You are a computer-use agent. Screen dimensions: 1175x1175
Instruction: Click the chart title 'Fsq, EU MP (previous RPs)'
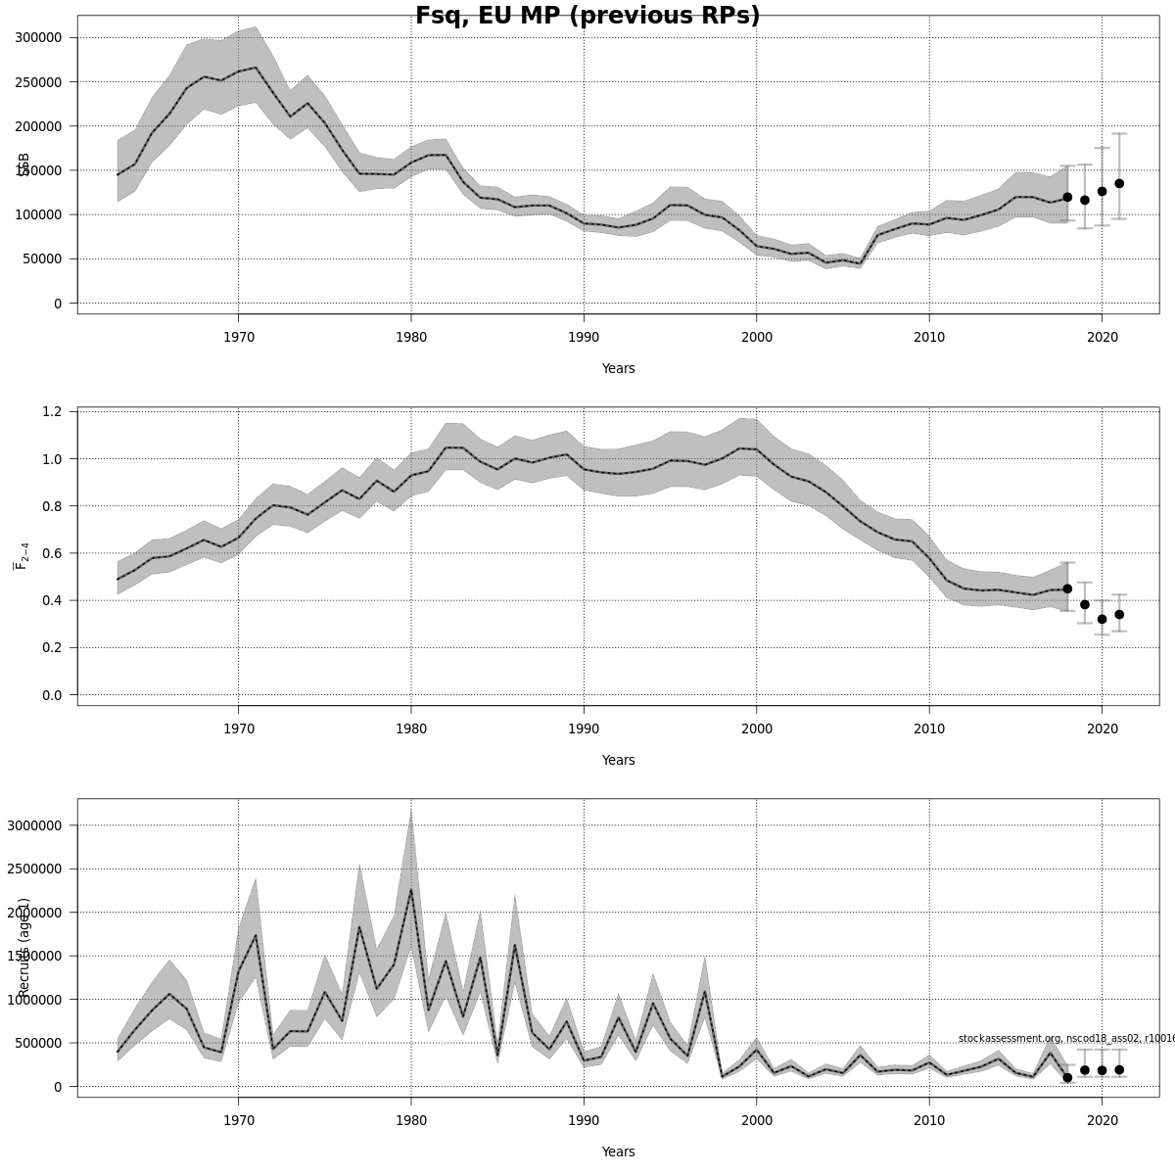click(587, 17)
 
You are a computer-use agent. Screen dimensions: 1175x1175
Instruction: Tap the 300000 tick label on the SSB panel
click(34, 37)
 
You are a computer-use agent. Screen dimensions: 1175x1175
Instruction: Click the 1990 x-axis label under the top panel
click(584, 338)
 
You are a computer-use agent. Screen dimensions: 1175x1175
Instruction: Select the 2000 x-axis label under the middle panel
click(756, 729)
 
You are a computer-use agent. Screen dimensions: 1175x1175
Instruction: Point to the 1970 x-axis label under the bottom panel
click(238, 1121)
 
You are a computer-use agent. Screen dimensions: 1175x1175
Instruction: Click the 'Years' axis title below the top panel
click(618, 369)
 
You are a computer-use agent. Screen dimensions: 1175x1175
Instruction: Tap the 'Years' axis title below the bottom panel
click(618, 1152)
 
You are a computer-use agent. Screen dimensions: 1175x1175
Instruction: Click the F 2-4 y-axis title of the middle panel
click(21, 553)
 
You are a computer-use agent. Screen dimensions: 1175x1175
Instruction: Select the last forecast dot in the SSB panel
click(1119, 183)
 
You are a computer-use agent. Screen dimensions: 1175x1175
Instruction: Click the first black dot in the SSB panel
click(1067, 197)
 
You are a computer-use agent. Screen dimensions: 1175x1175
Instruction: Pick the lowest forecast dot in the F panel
click(1102, 619)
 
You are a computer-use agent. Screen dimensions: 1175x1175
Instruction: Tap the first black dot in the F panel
click(1067, 588)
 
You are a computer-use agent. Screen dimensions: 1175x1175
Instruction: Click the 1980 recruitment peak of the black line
click(410, 889)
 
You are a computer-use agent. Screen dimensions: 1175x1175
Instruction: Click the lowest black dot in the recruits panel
click(1067, 1077)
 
